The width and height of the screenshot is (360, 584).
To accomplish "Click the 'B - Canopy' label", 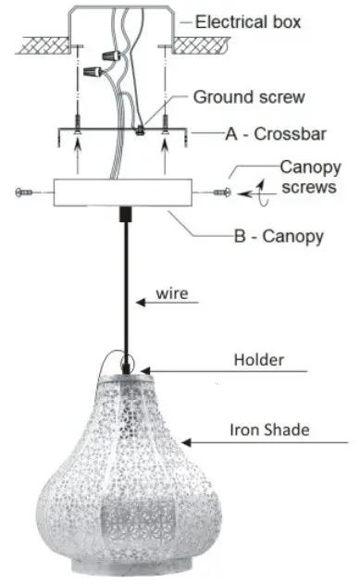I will [278, 237].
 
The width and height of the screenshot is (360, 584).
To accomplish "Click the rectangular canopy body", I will [122, 193].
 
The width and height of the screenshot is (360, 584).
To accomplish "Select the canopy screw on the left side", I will [27, 192].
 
